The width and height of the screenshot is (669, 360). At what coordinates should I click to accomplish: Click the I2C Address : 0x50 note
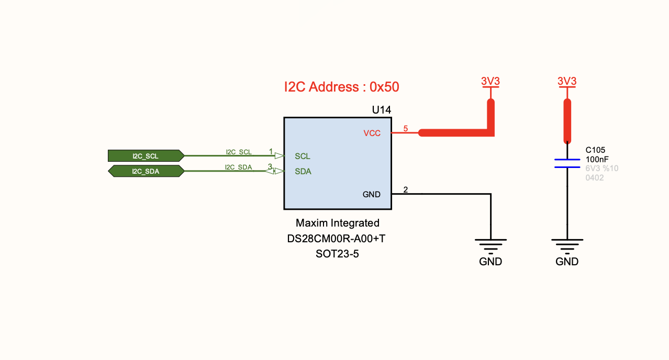point(341,87)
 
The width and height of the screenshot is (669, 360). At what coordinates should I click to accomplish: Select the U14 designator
point(381,110)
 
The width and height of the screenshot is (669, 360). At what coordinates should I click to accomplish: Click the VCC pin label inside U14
point(372,133)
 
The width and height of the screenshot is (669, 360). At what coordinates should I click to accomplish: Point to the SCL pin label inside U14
point(303,156)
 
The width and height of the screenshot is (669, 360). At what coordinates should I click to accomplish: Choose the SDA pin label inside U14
point(303,172)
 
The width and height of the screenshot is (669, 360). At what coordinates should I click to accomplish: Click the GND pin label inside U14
point(372,195)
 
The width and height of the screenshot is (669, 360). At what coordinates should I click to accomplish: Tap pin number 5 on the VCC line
point(405,128)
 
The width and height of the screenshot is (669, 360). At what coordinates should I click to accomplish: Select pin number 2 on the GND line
point(405,189)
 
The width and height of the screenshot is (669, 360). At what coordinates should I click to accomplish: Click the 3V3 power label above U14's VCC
point(490,82)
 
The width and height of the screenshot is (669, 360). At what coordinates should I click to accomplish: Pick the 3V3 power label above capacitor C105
point(567,82)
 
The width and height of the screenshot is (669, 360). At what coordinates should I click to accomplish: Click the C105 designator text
point(595,150)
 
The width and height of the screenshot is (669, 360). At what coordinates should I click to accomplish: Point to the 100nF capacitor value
point(597,159)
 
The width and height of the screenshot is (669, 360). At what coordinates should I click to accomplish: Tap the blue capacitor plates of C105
point(567,163)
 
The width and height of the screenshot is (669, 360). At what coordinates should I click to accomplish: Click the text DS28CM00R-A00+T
point(337,239)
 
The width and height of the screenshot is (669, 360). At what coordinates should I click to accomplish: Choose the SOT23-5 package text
point(337,254)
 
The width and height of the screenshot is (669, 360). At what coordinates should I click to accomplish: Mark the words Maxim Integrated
point(337,223)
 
